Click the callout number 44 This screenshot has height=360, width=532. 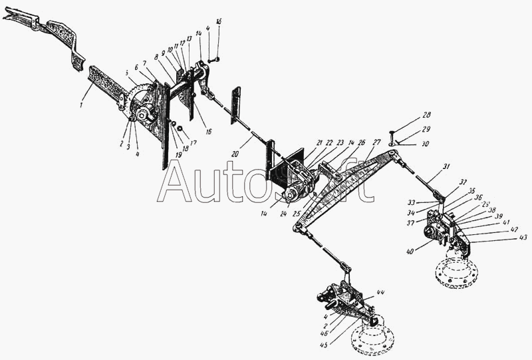[x=380, y=293]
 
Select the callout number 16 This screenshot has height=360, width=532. [x=208, y=132]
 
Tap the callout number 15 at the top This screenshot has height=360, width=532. [x=219, y=22]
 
